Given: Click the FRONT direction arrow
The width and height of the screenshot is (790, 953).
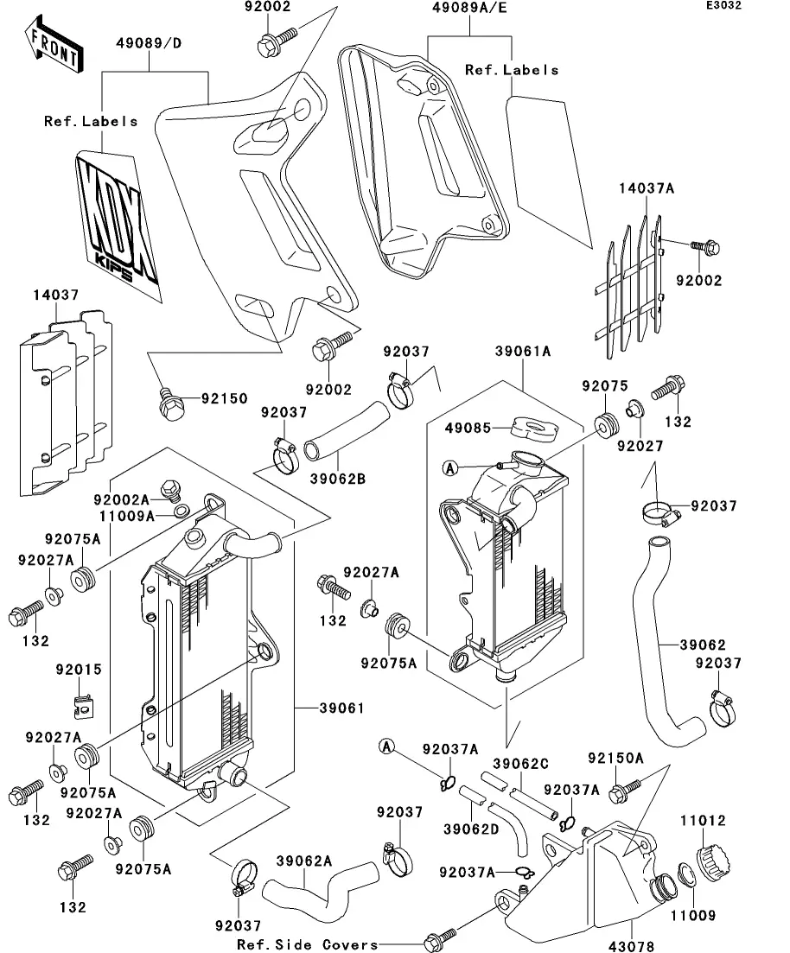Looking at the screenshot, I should (x=54, y=48).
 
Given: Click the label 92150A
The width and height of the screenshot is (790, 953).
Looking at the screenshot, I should (x=616, y=759).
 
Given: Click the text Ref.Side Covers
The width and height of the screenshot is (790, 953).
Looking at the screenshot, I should (x=307, y=943).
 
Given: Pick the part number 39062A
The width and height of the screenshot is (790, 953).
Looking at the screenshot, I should (x=304, y=861).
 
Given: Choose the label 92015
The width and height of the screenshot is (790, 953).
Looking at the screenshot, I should (x=79, y=669).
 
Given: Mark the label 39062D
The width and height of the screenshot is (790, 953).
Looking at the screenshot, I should (x=471, y=829).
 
